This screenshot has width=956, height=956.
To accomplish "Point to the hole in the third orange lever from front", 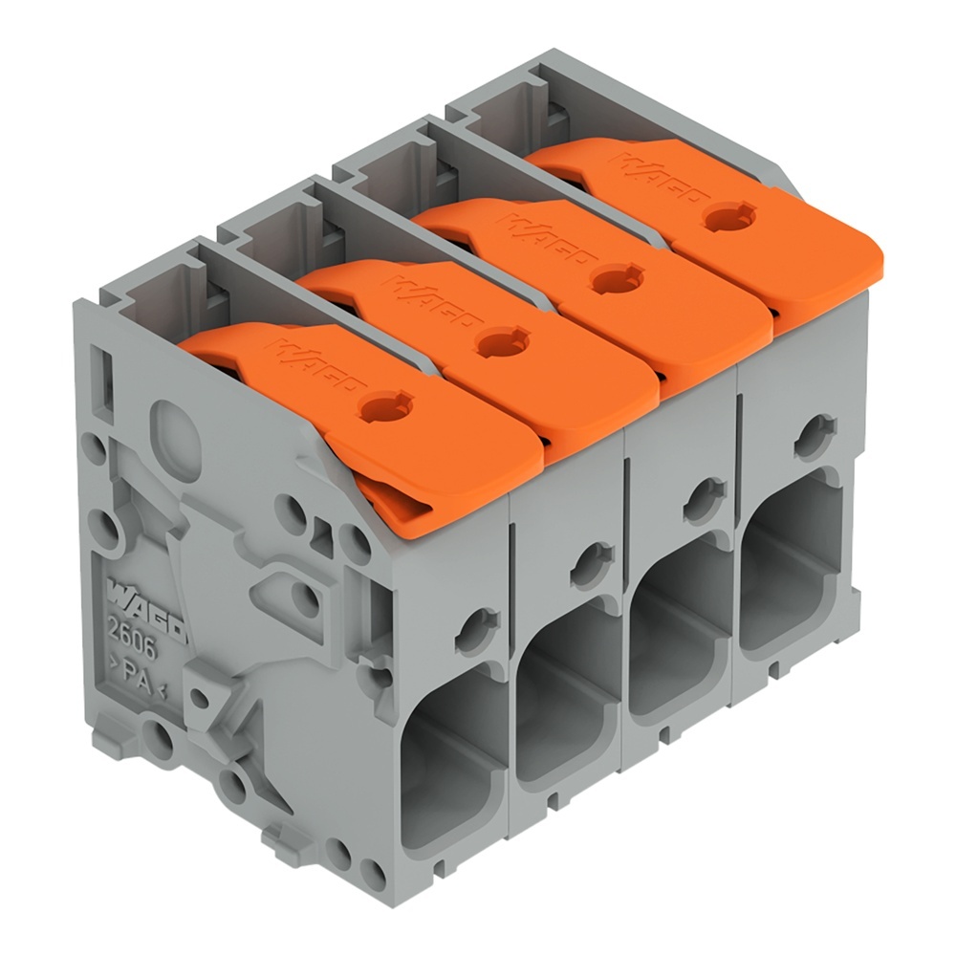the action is (x=609, y=279).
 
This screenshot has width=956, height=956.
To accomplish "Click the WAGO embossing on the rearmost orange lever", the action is (x=651, y=178).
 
